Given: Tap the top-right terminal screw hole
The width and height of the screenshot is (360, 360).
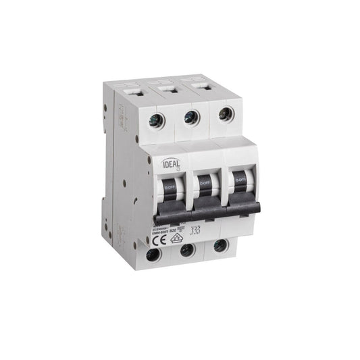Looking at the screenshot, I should tap(224, 113).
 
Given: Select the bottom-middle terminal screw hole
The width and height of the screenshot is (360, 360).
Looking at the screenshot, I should tap(188, 250).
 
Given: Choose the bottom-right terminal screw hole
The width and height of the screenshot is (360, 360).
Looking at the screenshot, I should tap(220, 245).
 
